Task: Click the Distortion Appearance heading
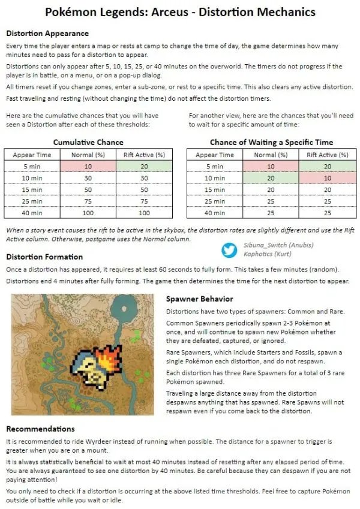point(47,34)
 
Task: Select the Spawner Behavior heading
point(200,299)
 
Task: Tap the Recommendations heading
point(40,429)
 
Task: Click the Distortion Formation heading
point(44,257)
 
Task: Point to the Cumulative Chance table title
point(88,142)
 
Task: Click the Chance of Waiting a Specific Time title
point(271,142)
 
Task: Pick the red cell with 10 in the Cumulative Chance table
point(88,166)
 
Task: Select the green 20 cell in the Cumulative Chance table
point(144,166)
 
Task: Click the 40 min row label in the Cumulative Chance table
point(32,212)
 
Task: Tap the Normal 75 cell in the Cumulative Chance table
point(88,201)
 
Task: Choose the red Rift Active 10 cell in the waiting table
point(327,178)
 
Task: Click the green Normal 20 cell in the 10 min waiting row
point(271,178)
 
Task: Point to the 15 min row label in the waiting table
point(215,189)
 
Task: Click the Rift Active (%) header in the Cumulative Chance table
point(144,155)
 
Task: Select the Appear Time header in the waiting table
point(215,155)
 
